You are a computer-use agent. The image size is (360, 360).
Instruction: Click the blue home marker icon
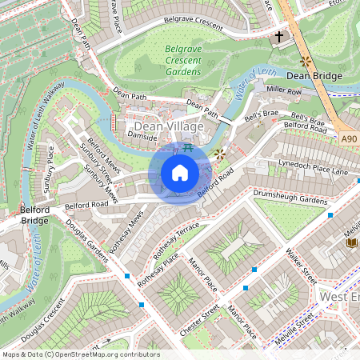180,173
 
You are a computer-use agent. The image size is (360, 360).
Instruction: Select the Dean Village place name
169,126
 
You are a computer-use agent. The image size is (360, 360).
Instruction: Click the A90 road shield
348,139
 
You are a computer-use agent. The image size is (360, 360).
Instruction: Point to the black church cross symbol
279,37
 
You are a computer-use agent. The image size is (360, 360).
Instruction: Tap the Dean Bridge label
314,76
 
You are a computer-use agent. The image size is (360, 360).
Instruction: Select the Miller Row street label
283,90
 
